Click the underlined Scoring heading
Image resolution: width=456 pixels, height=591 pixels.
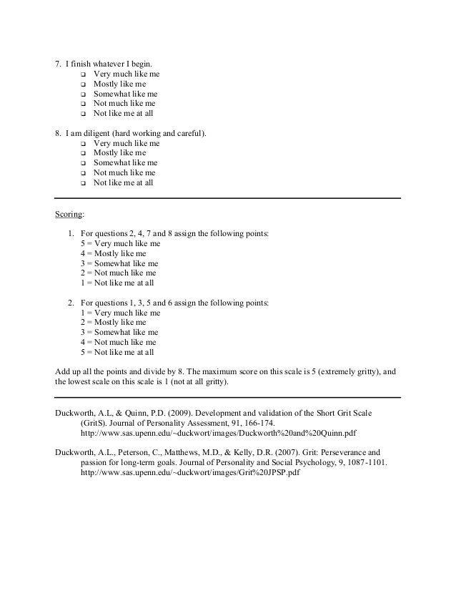[x=69, y=214]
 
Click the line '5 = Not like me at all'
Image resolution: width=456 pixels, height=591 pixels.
[x=117, y=353]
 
